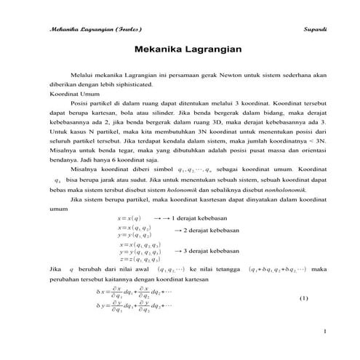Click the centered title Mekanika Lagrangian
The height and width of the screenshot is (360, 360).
pyautogui.click(x=180, y=52)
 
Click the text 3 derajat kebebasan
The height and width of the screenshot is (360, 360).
pyautogui.click(x=208, y=251)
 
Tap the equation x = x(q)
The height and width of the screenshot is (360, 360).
pyautogui.click(x=129, y=217)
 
